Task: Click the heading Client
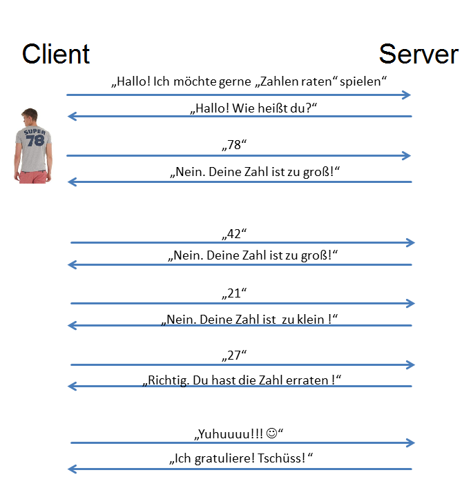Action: coord(56,54)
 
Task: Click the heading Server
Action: coord(418,54)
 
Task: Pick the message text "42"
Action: coord(233,233)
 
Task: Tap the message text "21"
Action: coord(233,294)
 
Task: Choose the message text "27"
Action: coord(233,355)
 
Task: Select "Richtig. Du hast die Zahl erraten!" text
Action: coord(242,380)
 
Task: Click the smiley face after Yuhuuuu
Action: coord(271,434)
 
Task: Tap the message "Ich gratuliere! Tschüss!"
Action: coord(242,458)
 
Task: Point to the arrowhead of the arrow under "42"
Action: coord(411,242)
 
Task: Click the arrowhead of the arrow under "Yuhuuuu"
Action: coord(411,442)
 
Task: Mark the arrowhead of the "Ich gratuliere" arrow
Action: coord(72,469)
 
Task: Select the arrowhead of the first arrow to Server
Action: coord(407,95)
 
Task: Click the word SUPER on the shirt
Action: coord(33,131)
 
